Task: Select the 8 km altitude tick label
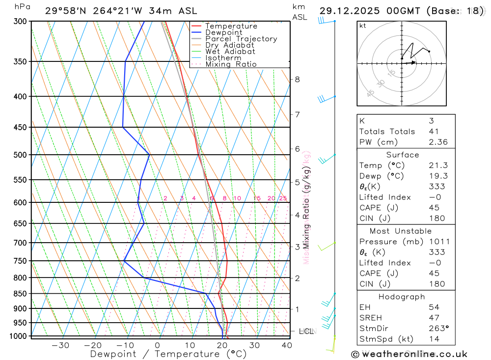pyautogui.click(x=297, y=79)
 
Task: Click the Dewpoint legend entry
pyautogui.click(x=224, y=32)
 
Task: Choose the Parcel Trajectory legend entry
pyautogui.click(x=241, y=39)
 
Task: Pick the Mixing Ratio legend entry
pyautogui.click(x=231, y=64)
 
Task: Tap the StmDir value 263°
pyautogui.click(x=437, y=329)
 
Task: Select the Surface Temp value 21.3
pyautogui.click(x=437, y=166)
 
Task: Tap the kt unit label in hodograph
pyautogui.click(x=363, y=26)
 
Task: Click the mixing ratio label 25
pyautogui.click(x=283, y=198)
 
